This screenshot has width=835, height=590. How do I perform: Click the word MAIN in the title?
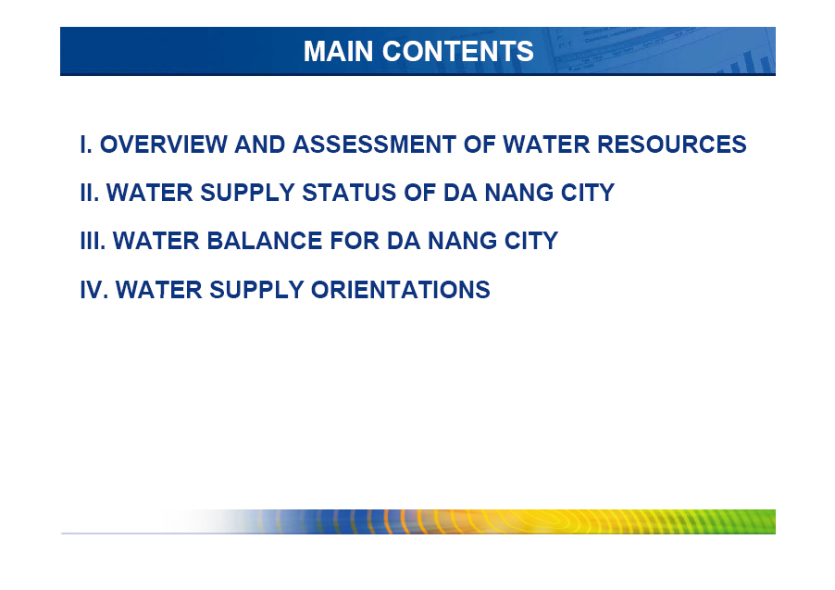pyautogui.click(x=338, y=51)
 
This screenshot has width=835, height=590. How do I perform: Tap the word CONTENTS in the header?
pyautogui.click(x=458, y=51)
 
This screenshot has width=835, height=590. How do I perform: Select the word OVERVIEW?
pyautogui.click(x=164, y=144)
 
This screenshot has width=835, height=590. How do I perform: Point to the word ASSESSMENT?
pyautogui.click(x=374, y=144)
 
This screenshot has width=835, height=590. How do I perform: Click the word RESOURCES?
pyautogui.click(x=671, y=144)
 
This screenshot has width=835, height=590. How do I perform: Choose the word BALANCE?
pyautogui.click(x=264, y=241)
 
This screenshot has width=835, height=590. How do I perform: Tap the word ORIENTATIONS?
pyautogui.click(x=401, y=290)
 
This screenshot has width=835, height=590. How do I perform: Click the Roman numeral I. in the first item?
pyautogui.click(x=86, y=144)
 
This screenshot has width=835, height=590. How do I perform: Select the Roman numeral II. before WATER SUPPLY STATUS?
pyautogui.click(x=90, y=193)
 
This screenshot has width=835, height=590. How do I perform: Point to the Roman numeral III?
pyautogui.click(x=93, y=241)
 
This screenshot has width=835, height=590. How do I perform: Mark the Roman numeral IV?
pyautogui.click(x=94, y=290)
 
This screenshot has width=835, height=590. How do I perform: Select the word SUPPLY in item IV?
pyautogui.click(x=256, y=290)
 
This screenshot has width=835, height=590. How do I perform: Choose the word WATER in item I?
pyautogui.click(x=546, y=144)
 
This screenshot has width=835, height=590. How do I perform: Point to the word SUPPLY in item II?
pyautogui.click(x=247, y=193)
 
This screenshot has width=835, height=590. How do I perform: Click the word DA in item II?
pyautogui.click(x=460, y=193)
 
